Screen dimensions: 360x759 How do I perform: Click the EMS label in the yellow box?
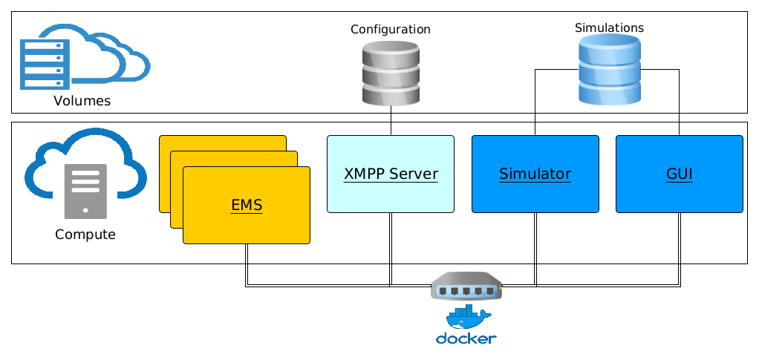coord(247,205)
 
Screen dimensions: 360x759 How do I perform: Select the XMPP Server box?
coord(391,174)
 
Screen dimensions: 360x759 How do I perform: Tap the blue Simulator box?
coord(535,174)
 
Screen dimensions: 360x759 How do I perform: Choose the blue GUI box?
coord(679,174)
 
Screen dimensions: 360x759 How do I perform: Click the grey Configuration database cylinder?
coord(391,73)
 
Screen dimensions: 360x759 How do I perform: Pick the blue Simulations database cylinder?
coord(609,70)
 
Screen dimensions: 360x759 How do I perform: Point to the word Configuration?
coord(391,30)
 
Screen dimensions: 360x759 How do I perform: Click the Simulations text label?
coord(609,27)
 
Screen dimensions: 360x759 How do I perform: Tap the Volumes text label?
coord(82,101)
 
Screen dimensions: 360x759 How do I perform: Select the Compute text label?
coord(85,235)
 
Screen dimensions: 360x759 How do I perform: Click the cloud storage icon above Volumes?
coord(83,58)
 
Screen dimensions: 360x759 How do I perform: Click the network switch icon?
coord(466,286)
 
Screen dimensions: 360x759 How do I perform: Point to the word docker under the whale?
coord(466,339)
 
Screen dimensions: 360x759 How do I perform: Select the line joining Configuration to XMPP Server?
coord(391,121)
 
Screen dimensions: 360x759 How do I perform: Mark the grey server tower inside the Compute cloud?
coord(85,192)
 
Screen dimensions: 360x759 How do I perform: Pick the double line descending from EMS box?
coord(247,264)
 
